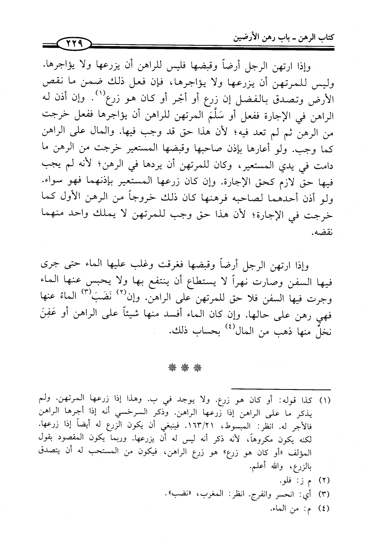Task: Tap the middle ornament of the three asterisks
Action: [x=185, y=368]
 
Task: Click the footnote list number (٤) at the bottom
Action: [x=325, y=509]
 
